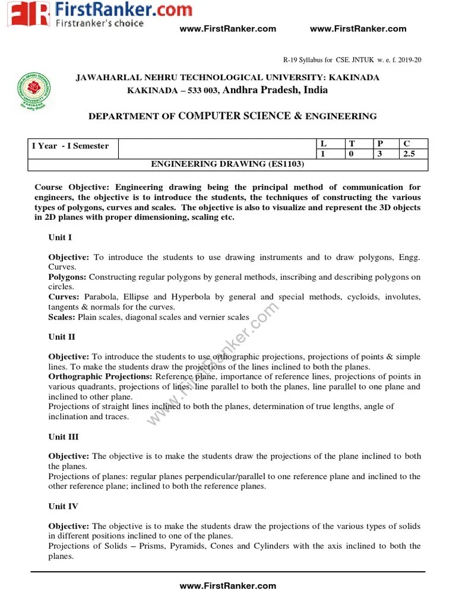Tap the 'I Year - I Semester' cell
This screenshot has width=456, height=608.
click(x=70, y=146)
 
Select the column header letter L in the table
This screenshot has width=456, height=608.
click(x=324, y=144)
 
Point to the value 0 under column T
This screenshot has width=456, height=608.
click(x=351, y=154)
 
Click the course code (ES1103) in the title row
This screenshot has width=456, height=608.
click(x=283, y=163)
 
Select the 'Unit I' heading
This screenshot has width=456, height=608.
click(x=60, y=237)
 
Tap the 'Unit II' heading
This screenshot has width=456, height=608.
click(x=62, y=337)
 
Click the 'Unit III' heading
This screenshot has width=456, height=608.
click(x=63, y=436)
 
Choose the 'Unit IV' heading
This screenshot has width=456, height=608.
click(x=63, y=506)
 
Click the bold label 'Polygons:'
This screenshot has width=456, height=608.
click(x=67, y=277)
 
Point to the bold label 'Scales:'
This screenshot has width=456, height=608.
click(x=62, y=317)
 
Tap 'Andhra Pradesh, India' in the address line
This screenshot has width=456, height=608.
click(x=275, y=90)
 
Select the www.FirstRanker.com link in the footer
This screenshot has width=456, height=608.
click(x=227, y=586)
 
